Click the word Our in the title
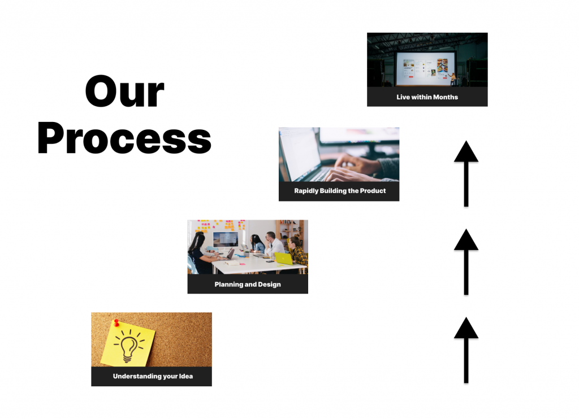coord(124,91)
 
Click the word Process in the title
coord(124,138)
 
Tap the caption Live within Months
coord(427,97)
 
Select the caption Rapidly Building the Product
coord(340,191)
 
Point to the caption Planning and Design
coord(248,285)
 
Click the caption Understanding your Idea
coord(153,376)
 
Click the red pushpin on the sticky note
coord(116,323)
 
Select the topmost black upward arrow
coord(466,173)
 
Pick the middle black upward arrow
coord(466,262)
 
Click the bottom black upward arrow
coord(466,350)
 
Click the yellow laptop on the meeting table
coord(284,258)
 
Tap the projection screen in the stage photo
coord(425,68)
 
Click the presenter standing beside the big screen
coord(453,79)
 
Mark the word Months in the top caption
coord(446,97)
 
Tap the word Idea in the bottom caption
coord(185,376)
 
